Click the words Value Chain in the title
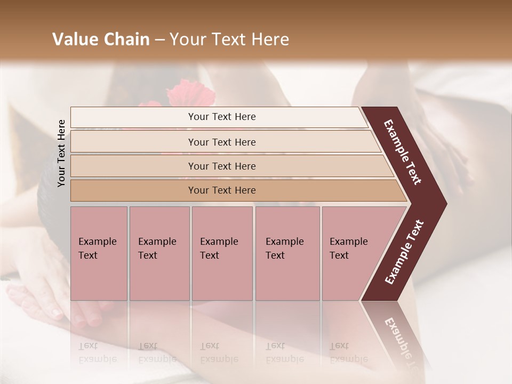point(101,39)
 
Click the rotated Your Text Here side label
point(61,153)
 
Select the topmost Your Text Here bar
point(221,117)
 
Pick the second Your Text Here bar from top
point(221,142)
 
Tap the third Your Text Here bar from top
point(221,166)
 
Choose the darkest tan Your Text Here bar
point(221,190)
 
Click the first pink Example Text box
point(99,253)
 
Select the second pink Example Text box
point(159,253)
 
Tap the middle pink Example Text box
point(222,253)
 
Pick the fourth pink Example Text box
point(287,253)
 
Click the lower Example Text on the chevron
point(404,252)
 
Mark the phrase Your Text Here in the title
point(229,39)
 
